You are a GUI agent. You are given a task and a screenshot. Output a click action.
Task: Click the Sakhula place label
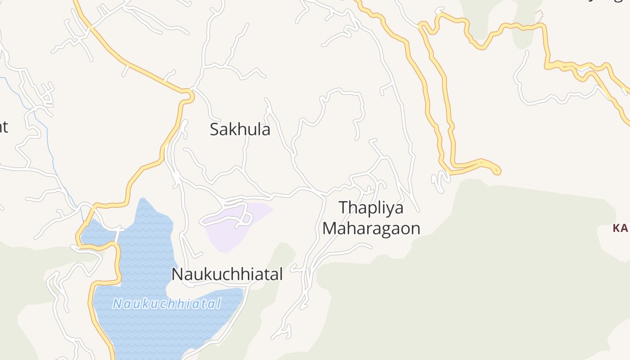[240, 130]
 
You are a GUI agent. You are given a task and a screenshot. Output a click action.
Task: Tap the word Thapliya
[371, 208]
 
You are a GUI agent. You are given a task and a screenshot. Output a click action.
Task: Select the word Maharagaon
[371, 228]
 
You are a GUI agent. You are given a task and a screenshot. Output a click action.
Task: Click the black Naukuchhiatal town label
[227, 274]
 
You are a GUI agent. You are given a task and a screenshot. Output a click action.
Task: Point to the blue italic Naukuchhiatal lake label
[166, 304]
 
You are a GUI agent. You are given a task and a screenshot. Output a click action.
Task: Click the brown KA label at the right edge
[620, 229]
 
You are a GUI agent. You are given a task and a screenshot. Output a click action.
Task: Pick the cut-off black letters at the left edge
[4, 127]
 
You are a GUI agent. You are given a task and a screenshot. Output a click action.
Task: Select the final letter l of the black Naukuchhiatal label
[280, 274]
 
